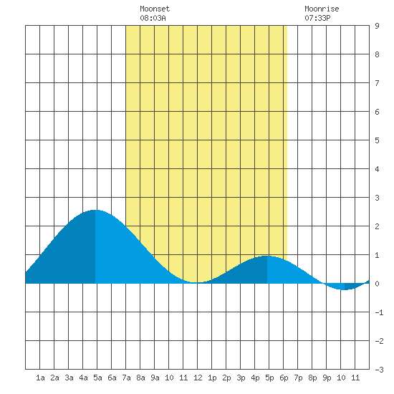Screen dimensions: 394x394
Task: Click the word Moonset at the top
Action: pos(155,9)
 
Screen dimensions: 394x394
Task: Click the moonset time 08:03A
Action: pos(153,18)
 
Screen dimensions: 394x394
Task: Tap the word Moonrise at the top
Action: pos(322,9)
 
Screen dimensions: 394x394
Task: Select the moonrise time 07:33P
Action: pos(317,18)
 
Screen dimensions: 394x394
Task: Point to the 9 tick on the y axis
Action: pos(377,26)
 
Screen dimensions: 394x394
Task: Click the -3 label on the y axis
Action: pos(379,370)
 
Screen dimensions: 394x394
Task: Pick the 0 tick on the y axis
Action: pos(377,284)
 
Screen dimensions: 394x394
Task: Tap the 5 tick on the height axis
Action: pos(377,140)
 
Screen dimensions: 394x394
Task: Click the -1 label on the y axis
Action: pos(379,312)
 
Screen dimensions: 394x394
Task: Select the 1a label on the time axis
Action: pos(40,378)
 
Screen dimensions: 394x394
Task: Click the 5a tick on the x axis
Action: pos(97,378)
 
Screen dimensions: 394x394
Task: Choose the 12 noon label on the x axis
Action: pos(198,378)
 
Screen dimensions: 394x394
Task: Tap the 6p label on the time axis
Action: pos(284,378)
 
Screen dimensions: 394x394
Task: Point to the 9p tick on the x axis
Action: pos(327,378)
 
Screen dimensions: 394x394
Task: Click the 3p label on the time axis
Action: pos(241,378)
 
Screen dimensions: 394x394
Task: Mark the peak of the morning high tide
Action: pos(95,210)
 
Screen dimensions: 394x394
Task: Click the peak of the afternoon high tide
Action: pos(267,256)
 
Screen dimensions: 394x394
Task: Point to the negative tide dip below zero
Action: pos(345,289)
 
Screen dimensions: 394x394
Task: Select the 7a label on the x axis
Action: pos(126,378)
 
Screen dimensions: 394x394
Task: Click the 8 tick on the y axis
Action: pos(377,54)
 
